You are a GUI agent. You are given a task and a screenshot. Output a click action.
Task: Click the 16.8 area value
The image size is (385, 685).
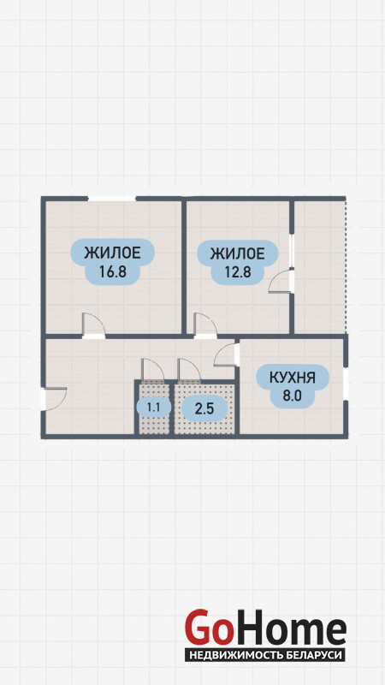click(113, 271)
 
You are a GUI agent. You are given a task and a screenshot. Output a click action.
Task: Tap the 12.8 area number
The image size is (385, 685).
click(238, 271)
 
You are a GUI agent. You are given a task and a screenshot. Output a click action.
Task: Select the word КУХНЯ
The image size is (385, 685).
click(293, 378)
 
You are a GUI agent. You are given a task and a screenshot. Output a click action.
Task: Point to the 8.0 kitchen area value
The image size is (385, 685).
click(293, 396)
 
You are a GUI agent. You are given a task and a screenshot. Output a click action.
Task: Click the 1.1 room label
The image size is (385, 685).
click(153, 408)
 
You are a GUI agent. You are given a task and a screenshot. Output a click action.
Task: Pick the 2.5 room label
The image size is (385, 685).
click(204, 410)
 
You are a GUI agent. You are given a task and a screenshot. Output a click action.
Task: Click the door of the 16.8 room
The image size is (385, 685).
click(93, 325)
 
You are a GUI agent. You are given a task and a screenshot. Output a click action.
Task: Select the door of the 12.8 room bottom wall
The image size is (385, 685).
click(205, 325)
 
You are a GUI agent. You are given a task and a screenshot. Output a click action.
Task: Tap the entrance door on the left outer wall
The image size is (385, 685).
click(54, 399)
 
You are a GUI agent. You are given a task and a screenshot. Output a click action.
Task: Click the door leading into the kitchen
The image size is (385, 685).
click(227, 354)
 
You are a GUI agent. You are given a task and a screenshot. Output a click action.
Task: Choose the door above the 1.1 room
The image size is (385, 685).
click(153, 369)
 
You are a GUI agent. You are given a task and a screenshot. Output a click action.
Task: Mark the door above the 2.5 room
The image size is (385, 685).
click(189, 369)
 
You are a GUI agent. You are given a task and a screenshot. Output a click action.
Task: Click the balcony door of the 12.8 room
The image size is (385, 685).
click(281, 281)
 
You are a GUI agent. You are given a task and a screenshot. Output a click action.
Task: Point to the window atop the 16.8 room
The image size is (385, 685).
click(112, 199)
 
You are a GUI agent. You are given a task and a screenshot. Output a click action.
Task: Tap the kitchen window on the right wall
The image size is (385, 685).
click(346, 384)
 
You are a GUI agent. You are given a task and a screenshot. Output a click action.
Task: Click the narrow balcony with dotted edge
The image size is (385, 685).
click(320, 266)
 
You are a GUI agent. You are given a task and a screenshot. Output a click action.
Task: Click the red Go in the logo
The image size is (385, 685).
click(207, 628)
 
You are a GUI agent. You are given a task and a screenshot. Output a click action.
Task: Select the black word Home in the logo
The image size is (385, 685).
click(288, 628)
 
